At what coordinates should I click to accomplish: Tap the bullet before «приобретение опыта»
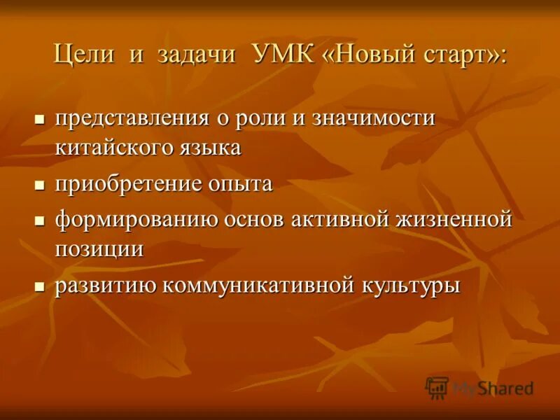[x=40, y=185]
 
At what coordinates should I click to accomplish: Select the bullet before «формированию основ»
[x=40, y=220]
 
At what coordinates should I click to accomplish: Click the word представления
[x=133, y=118]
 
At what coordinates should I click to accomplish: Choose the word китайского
[x=115, y=148]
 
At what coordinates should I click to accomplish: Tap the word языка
[x=211, y=148]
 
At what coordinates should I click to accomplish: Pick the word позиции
[x=99, y=250]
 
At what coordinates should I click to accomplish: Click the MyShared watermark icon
[x=437, y=387]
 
